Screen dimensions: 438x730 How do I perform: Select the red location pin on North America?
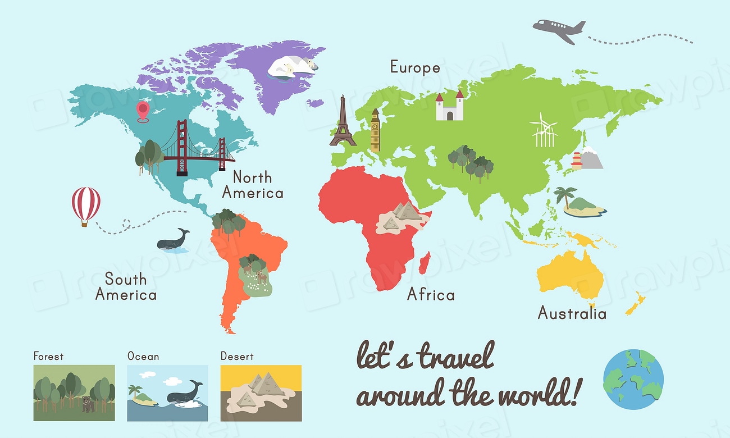coord(143,111)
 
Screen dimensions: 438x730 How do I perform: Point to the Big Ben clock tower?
coord(375,130)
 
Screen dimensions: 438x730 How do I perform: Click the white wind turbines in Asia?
coord(544,130)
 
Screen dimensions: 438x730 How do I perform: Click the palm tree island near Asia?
coord(581,203)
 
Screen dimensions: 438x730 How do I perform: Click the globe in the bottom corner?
coord(633,379)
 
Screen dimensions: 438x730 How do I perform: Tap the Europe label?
coord(415,68)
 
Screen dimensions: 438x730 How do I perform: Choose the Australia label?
coord(572,313)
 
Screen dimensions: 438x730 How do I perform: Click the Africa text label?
coord(431,294)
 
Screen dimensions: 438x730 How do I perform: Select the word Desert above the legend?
coord(236,356)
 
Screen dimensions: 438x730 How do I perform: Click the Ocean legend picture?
coord(167,393)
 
